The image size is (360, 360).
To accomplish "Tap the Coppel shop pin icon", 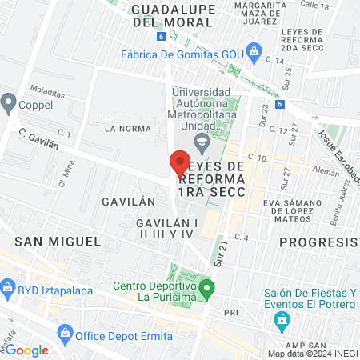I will coord(9,102).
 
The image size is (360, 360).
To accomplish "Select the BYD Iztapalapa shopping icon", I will coord(7,286).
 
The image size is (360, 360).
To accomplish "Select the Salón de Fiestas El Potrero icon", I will coord(281,322).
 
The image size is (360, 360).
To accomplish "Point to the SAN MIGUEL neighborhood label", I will coord(56,241).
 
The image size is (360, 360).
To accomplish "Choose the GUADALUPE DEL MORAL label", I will coord(170,15).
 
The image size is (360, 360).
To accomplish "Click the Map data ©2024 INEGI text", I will coord(312,353).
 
